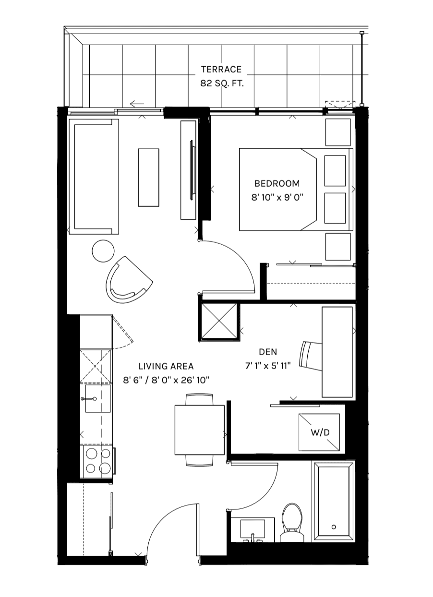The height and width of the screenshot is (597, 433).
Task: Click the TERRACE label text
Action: [x=221, y=70]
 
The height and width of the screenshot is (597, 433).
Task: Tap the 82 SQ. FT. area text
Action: [x=221, y=83]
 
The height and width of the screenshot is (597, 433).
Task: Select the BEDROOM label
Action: [x=277, y=183]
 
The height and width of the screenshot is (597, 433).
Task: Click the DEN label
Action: [x=268, y=352]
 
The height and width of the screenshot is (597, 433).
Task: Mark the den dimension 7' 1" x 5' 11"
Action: [x=268, y=366]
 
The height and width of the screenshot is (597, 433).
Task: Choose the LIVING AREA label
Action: [x=166, y=366]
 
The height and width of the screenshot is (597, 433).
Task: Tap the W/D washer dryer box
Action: [x=320, y=432]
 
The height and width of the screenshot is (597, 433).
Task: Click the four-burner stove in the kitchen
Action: [x=97, y=460]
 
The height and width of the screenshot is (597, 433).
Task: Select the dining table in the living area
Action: [x=199, y=430]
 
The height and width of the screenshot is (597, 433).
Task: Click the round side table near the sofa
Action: [x=103, y=251]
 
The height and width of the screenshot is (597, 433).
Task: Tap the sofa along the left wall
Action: [x=94, y=176]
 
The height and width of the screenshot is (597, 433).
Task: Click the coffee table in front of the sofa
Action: [x=148, y=178]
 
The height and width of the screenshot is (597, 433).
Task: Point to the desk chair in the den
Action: [x=310, y=356]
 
